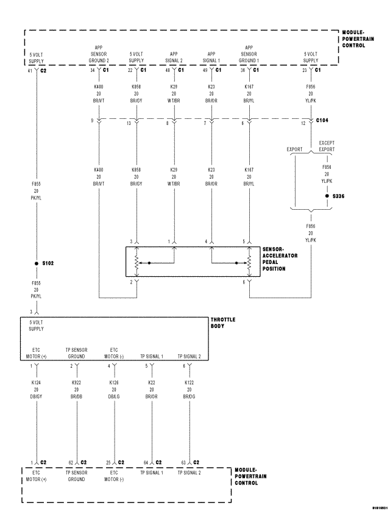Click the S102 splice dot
[37, 263]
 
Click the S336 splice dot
[327, 196]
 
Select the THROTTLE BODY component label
[222, 323]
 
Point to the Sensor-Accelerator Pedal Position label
[280, 259]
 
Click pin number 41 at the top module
[30, 71]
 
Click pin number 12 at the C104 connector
[303, 124]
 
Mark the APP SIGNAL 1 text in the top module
[211, 57]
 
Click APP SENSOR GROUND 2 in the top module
[98, 54]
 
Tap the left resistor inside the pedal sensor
[136, 263]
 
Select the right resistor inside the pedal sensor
[249, 263]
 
